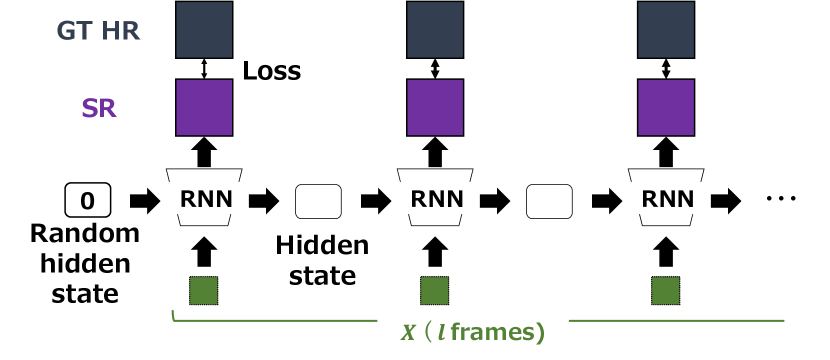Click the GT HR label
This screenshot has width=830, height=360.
(x=98, y=31)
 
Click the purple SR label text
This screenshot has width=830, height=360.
(x=99, y=108)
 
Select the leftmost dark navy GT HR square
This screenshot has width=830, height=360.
(x=204, y=30)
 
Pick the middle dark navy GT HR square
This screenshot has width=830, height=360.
(x=435, y=30)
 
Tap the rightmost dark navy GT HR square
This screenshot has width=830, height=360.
(x=666, y=30)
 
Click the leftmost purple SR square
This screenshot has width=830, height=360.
(x=204, y=107)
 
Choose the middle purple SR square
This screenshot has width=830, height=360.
(x=435, y=107)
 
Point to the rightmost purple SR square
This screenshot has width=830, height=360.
(x=666, y=107)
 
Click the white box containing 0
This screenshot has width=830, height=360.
(x=87, y=201)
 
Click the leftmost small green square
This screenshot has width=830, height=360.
(x=204, y=290)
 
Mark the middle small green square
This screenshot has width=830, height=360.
(x=435, y=290)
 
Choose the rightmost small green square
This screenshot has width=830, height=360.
(x=666, y=290)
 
